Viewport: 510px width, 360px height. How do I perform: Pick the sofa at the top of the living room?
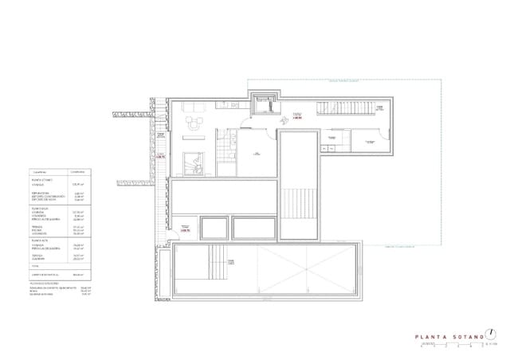click(x=197, y=107)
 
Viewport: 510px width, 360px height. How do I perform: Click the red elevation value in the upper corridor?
click(x=297, y=116)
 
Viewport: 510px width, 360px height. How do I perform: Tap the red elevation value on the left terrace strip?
click(x=160, y=156)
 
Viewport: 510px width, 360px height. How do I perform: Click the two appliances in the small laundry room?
click(x=329, y=147)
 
